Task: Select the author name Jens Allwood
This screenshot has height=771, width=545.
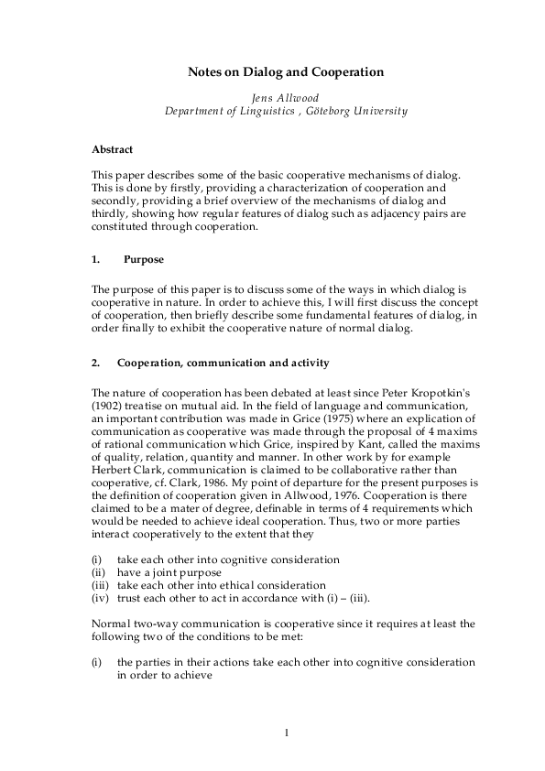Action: [x=272, y=96]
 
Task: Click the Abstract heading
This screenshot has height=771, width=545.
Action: [x=112, y=148]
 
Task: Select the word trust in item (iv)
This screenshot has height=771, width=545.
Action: [x=129, y=598]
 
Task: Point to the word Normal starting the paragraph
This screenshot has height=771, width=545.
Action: [x=111, y=624]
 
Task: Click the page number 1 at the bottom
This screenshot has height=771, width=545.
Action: [x=286, y=732]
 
